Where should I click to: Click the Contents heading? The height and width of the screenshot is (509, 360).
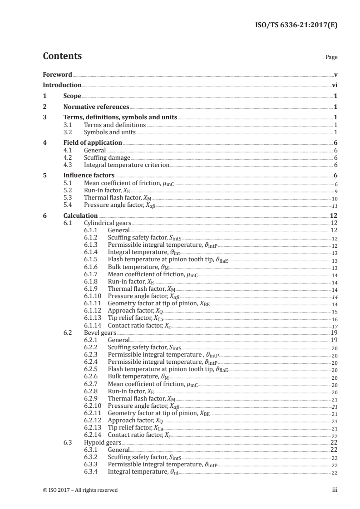tap(62, 57)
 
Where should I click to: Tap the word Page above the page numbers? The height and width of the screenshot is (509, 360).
tap(331, 58)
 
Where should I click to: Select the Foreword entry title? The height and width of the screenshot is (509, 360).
tap(57, 74)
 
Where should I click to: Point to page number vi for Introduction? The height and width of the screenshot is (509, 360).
tap(335, 85)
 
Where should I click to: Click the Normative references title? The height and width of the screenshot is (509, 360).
tap(96, 107)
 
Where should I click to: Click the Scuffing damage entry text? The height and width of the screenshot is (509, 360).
tap(104, 157)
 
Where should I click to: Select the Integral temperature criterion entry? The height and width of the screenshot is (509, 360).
tap(127, 165)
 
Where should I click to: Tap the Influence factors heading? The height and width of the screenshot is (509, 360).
tap(89, 175)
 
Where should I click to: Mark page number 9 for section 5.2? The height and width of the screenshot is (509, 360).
tap(335, 191)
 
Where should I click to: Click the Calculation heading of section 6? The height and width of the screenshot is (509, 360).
tap(80, 216)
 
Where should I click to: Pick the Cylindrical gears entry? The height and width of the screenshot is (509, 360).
tap(107, 224)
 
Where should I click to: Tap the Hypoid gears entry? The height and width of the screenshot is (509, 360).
tap(100, 442)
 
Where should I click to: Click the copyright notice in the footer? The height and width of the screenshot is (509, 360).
tap(80, 490)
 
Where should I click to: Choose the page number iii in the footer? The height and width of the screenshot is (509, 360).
tap(335, 490)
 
